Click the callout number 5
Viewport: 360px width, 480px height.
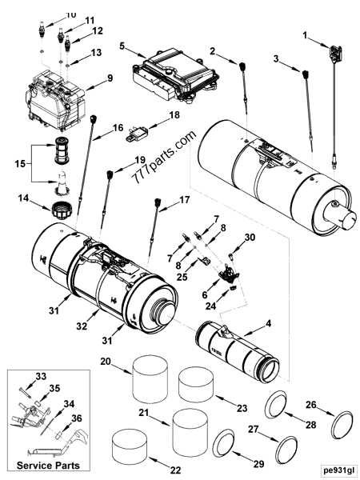pyautogui.click(x=122, y=47)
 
